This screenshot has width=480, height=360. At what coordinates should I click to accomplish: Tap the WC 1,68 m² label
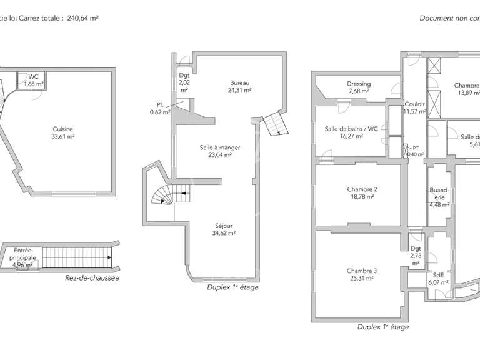[x=33, y=81]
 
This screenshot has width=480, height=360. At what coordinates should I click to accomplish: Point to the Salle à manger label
[x=219, y=152]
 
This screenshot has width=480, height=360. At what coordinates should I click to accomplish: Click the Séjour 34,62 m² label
[x=223, y=229]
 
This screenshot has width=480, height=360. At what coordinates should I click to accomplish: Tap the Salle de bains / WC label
[x=351, y=132]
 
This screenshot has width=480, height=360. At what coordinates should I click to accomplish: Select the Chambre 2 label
[x=362, y=192]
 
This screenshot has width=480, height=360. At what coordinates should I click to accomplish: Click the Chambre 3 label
[x=362, y=275]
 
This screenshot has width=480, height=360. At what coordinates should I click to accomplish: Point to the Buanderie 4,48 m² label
[x=436, y=196]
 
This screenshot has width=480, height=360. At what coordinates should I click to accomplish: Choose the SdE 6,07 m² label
[x=439, y=279]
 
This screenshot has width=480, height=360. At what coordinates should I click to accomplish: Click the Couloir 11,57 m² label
[x=415, y=108]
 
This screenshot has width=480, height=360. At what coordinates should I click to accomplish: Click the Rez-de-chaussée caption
[x=92, y=278]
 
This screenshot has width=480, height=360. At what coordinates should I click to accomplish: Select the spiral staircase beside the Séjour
[x=164, y=196]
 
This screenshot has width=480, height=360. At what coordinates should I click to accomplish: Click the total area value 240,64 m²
[x=82, y=18]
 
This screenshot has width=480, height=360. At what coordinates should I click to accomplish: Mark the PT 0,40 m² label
[x=415, y=151]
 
